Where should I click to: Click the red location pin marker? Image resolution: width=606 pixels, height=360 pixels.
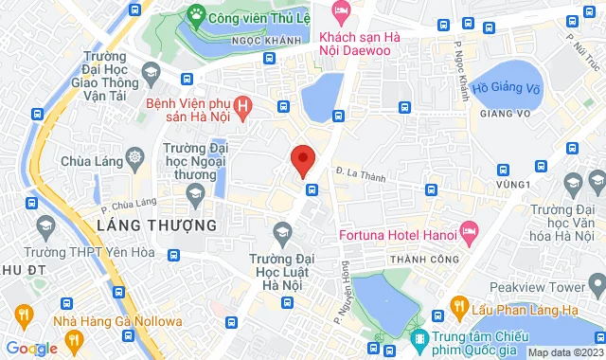point(302,159)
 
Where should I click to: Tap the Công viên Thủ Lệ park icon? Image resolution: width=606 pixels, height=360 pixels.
point(196,14)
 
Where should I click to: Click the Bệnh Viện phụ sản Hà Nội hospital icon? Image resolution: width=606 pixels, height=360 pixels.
point(244,107)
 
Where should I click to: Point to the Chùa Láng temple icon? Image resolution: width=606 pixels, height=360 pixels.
point(135,156)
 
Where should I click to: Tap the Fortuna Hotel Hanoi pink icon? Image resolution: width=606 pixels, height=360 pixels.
point(469,230)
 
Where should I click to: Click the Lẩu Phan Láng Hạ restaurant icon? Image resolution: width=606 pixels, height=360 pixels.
point(458,305)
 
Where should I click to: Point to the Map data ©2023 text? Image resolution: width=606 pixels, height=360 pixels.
point(564,352)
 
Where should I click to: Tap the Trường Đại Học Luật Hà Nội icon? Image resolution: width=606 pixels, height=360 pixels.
point(281,230)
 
